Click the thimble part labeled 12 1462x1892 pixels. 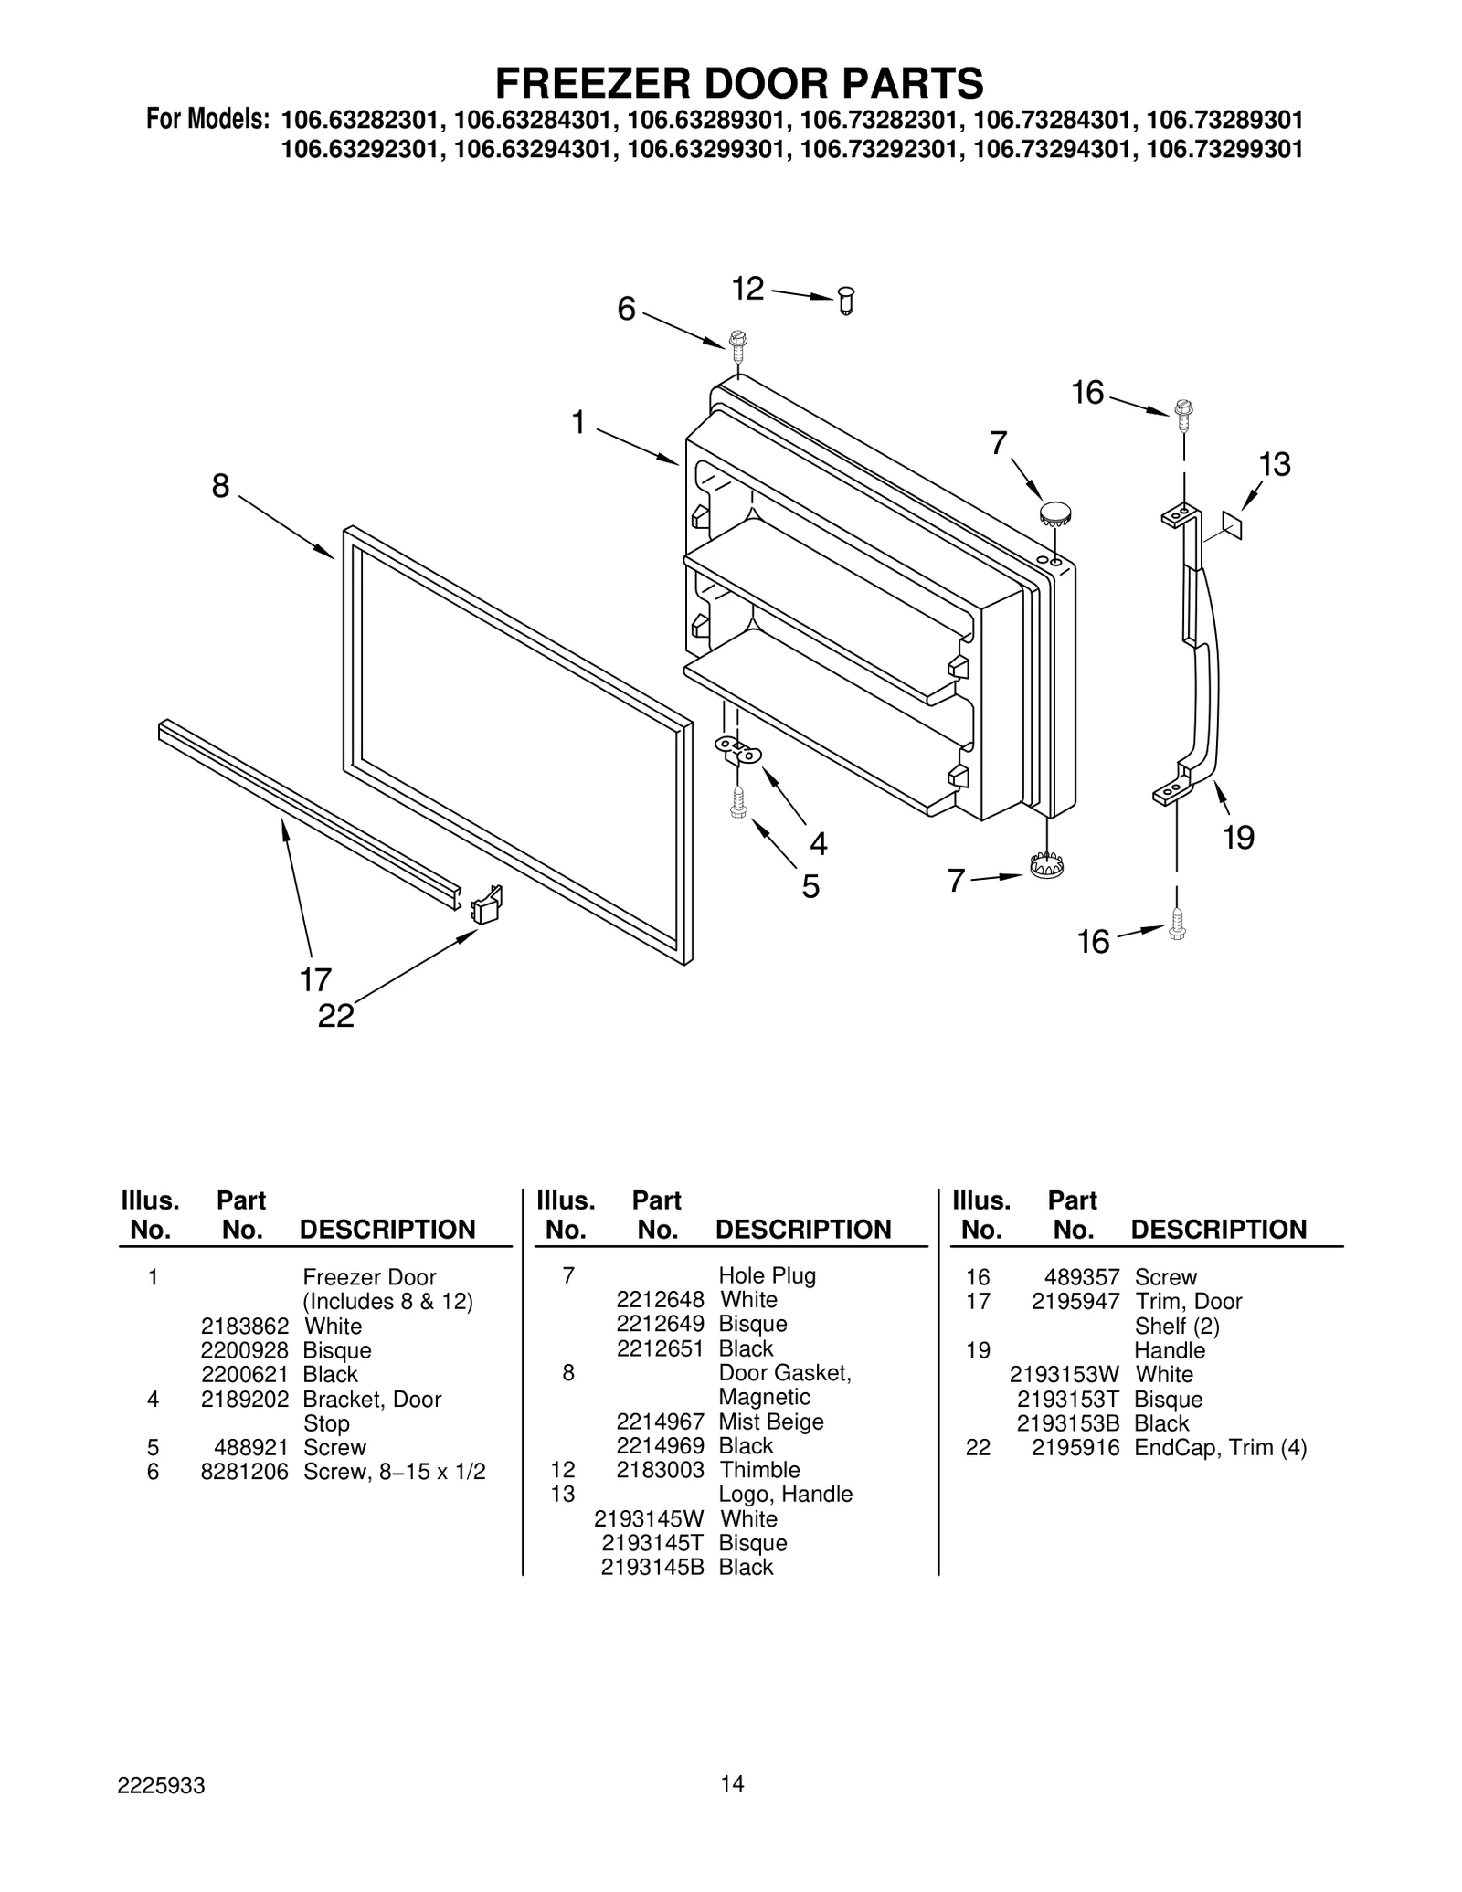point(846,301)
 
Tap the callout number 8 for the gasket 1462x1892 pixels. point(220,487)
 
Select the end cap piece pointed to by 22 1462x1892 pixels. point(486,905)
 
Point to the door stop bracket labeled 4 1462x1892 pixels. point(737,752)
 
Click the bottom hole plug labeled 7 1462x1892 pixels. point(1046,865)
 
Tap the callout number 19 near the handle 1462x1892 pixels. point(1238,837)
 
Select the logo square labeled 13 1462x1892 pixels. point(1232,525)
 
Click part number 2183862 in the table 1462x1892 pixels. point(245,1326)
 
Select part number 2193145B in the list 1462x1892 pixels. point(652,1567)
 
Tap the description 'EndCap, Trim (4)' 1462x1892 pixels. point(1220,1447)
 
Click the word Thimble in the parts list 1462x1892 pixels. point(759,1470)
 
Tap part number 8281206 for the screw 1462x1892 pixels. point(245,1472)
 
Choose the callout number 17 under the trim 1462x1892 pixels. point(315,980)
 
